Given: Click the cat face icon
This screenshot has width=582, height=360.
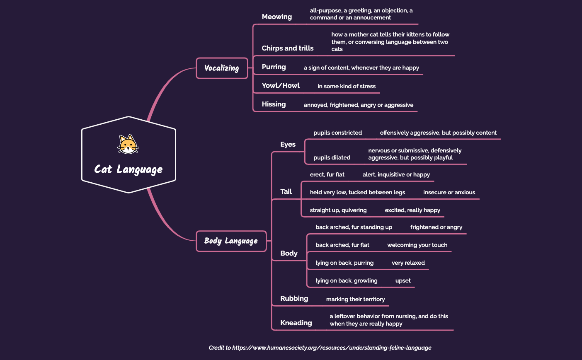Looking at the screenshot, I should coord(128,144).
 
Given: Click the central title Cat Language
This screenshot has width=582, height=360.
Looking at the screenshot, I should coord(128,169).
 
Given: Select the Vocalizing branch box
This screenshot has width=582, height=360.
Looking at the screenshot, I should coord(222,68).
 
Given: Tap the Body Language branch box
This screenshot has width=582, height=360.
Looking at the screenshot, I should coord(231,241).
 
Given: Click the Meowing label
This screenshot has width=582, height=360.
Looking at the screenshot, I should coord(276,17).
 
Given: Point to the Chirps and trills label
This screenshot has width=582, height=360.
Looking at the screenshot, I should coord(287,48).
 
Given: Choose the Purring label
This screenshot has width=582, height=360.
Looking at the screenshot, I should coord(274,67).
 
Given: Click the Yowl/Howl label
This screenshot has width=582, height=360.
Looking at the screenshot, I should coord(281,85).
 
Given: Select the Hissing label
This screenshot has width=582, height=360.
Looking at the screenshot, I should coord(274,104).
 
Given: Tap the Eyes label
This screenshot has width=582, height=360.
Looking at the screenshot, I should coord(288,144).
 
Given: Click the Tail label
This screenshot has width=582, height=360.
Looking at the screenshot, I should coord(286,191).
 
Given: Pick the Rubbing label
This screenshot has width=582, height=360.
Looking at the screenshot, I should coord(294,298).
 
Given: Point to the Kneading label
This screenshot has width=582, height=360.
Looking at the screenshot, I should coord(296,323).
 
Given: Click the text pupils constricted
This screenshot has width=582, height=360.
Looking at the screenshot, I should coord(337,133).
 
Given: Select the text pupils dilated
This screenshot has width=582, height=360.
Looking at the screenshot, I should coord(332,157).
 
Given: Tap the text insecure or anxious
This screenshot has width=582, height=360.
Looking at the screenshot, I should coord(449,192).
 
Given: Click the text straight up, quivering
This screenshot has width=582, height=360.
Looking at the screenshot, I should coord(338,210).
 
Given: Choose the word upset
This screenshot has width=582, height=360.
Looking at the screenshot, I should coord(403,280).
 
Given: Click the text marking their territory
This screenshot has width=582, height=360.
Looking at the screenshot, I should coord(355,299).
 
